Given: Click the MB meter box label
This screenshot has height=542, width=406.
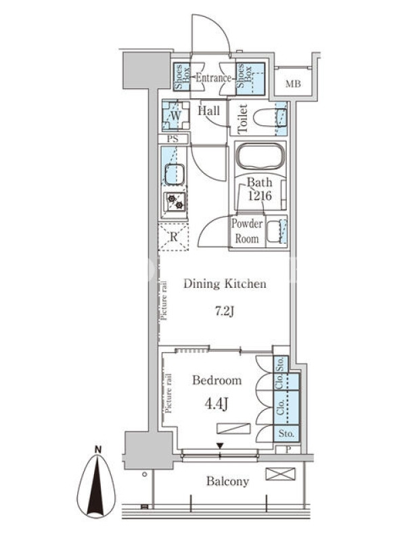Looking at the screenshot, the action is [x=293, y=83].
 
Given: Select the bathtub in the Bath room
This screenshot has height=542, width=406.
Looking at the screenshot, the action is [x=261, y=157].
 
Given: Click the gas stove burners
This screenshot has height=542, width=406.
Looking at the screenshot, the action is [x=175, y=201].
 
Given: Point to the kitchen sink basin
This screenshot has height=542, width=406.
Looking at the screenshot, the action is [x=175, y=175].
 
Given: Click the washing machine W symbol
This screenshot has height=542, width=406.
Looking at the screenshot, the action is [x=176, y=115].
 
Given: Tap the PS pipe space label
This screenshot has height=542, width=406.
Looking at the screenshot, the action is [x=173, y=139].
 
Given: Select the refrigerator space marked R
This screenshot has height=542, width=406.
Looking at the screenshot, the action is [x=174, y=236].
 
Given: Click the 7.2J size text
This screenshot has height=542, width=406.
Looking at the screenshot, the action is [x=225, y=312].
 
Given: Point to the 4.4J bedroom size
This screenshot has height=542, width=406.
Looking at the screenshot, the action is [x=217, y=403].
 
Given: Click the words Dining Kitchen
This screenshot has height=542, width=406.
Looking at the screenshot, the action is [x=225, y=284].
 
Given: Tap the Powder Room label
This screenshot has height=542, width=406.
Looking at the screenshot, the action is [x=247, y=231].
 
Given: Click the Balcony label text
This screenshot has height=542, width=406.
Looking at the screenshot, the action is [x=227, y=481].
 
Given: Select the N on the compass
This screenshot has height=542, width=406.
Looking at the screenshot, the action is [x=98, y=450].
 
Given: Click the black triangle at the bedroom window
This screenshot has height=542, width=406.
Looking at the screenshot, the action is [x=221, y=446].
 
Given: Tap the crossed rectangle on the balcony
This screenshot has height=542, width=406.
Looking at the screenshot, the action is [x=280, y=474].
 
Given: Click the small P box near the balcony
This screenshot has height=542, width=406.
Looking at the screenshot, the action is [x=288, y=449].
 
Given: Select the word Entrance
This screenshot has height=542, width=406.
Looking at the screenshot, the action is [x=214, y=78].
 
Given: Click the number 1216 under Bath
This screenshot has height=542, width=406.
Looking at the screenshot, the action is [x=260, y=196].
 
